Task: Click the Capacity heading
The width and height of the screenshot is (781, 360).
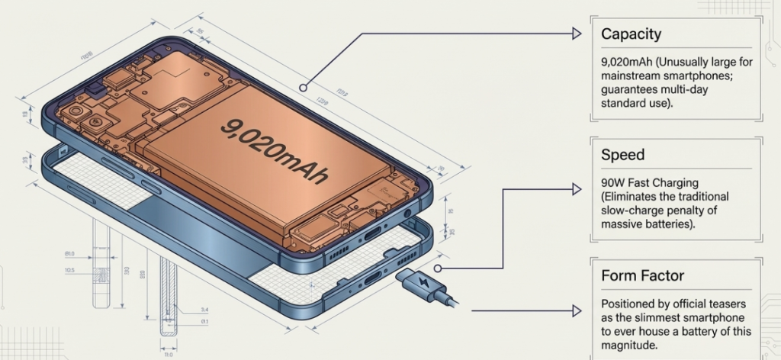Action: click(x=631, y=34)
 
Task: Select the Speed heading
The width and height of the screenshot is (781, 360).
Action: click(x=622, y=155)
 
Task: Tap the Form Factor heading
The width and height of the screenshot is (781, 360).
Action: click(x=642, y=275)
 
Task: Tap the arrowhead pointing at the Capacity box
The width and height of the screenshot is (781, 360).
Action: click(x=577, y=33)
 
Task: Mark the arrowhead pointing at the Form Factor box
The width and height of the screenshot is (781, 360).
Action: click(x=577, y=311)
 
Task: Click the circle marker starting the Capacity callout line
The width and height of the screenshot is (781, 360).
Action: click(x=304, y=88)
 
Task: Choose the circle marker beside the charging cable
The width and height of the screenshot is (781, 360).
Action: click(x=438, y=268)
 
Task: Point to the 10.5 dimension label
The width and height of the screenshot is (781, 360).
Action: click(x=69, y=269)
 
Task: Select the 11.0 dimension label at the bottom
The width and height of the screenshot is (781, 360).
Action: click(x=168, y=354)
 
